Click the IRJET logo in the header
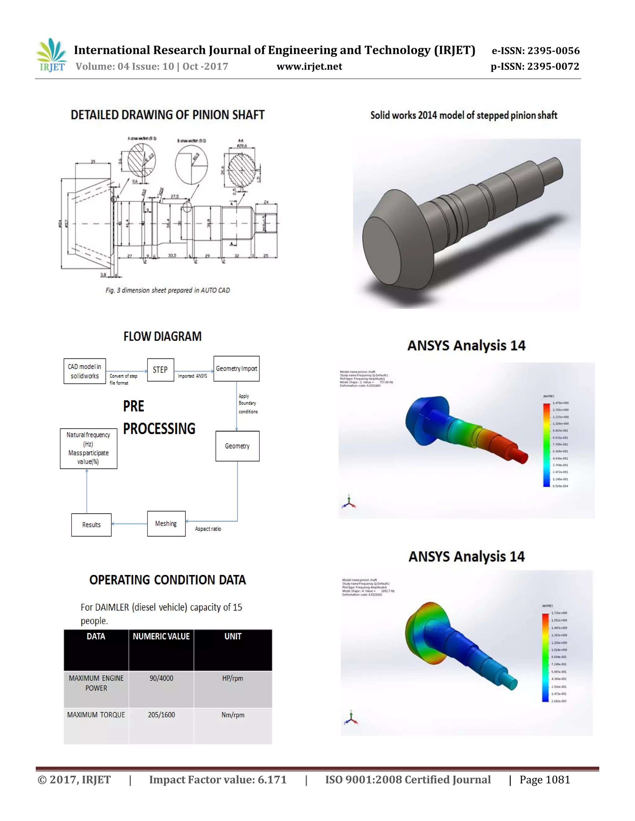tap(51, 55)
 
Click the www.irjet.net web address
tap(309, 67)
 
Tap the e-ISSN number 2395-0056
tap(553, 51)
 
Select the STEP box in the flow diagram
tap(160, 370)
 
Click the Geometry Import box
tap(236, 369)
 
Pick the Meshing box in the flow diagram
tap(166, 524)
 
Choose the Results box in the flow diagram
tap(91, 525)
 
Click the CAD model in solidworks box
tap(85, 371)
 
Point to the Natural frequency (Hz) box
tap(88, 448)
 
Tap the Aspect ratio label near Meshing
tap(208, 529)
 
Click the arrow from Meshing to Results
tap(129, 524)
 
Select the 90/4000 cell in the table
tap(161, 678)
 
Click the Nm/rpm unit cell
tap(233, 715)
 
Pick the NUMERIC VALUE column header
tap(161, 636)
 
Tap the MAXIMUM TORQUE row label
tap(96, 715)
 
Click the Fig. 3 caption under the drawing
tap(168, 290)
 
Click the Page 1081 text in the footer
tap(544, 780)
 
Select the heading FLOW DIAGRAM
tap(162, 336)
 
